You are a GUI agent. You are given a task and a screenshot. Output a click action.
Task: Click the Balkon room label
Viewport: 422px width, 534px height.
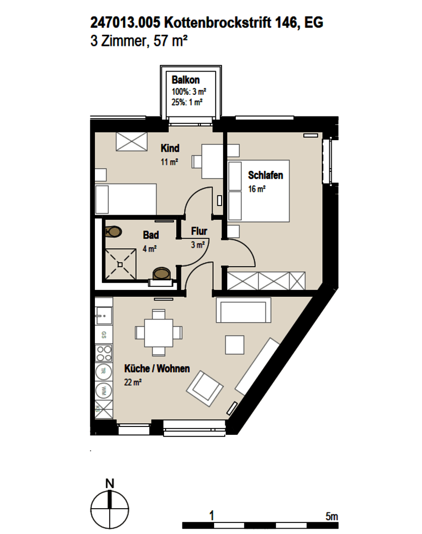[186, 80]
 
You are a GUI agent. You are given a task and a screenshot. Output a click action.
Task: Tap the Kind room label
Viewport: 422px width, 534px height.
[170, 148]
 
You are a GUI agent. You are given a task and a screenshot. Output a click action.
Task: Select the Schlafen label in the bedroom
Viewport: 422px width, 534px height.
[265, 175]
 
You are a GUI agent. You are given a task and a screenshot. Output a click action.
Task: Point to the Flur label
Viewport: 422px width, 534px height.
[199, 231]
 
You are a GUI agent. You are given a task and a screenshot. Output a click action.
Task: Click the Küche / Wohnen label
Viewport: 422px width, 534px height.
[157, 368]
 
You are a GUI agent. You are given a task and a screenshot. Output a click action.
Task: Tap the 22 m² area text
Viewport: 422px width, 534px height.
[133, 382]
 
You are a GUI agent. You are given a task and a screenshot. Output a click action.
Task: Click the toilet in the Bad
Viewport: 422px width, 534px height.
[113, 231]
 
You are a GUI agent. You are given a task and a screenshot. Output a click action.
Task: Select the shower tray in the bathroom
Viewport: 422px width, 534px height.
[120, 264]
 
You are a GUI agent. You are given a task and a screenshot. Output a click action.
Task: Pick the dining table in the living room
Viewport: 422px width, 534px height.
[158, 333]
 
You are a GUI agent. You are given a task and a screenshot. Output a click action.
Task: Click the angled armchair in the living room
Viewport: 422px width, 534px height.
[205, 389]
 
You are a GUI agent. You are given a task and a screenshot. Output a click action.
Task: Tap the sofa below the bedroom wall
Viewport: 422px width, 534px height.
[243, 310]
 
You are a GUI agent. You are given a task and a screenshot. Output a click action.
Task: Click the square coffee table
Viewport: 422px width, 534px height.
[235, 345]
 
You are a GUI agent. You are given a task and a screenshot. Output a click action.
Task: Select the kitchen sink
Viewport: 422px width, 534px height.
[103, 315]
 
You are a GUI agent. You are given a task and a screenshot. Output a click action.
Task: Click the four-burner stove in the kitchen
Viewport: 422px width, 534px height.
[103, 353]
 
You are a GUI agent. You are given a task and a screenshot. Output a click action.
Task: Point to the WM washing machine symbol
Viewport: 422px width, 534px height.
[103, 390]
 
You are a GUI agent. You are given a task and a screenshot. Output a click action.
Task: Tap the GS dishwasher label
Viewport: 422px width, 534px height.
[103, 335]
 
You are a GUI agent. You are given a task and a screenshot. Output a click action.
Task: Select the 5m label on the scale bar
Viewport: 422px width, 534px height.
[331, 516]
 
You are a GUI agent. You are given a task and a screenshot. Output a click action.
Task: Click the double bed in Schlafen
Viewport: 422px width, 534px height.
[258, 191]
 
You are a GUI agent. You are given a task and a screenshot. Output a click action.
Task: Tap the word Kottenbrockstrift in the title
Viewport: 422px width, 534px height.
[218, 23]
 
